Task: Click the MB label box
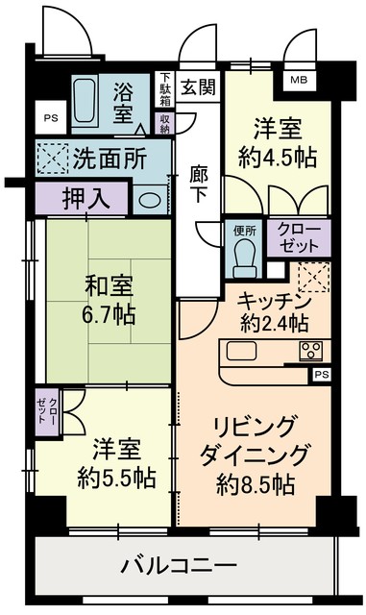302,80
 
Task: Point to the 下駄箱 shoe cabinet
165,88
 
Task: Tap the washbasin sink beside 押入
150,199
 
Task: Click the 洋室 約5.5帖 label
116,462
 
